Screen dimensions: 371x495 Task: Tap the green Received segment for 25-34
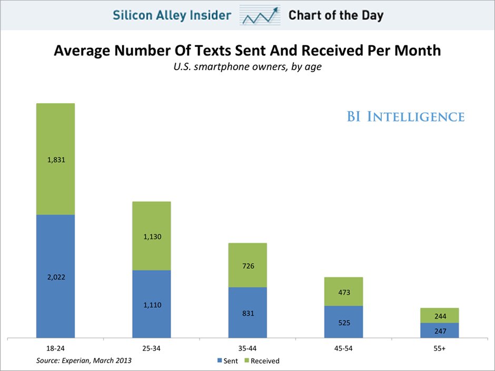click(152, 221)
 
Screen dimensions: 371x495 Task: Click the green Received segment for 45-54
click(343, 284)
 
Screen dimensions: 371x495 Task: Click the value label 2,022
click(55, 277)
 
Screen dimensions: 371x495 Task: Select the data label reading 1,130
click(152, 237)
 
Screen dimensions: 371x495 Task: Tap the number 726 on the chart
click(248, 266)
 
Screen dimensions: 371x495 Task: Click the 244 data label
click(440, 316)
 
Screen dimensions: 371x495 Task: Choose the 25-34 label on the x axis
click(152, 348)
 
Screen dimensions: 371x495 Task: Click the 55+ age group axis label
click(440, 348)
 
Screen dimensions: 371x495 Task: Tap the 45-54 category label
click(344, 348)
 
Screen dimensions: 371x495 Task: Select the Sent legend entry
click(227, 361)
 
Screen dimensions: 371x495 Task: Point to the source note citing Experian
click(84, 360)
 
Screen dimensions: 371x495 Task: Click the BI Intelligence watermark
click(405, 117)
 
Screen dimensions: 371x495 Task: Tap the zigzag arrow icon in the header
click(259, 15)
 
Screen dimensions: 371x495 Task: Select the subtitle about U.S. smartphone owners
click(247, 67)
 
